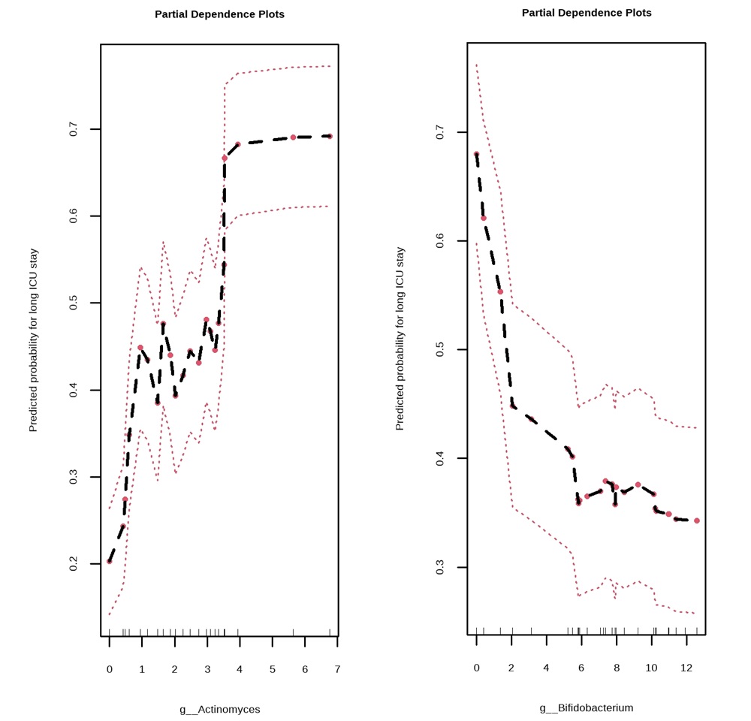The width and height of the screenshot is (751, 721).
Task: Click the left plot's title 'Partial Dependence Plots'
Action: coord(219,14)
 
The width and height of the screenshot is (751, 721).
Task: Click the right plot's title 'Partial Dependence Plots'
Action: coord(587,13)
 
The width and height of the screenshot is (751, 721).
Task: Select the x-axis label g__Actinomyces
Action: coord(219,709)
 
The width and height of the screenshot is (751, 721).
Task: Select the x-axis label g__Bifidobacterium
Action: coord(587,707)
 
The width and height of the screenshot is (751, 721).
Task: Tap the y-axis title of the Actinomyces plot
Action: coord(33,340)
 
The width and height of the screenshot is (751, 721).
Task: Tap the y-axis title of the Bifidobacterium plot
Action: coord(400,339)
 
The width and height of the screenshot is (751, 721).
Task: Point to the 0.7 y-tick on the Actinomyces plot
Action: coord(74,129)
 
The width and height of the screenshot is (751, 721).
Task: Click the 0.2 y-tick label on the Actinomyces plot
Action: coord(74,564)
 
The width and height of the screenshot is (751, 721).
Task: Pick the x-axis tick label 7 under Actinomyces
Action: coord(337,669)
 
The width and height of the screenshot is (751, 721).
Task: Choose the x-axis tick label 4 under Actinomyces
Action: coord(240,669)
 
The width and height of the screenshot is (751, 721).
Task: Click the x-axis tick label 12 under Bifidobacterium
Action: coord(686,667)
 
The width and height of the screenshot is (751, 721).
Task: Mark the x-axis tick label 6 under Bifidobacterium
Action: coord(581,667)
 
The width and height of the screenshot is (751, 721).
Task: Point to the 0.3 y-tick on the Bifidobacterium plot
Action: coord(440,567)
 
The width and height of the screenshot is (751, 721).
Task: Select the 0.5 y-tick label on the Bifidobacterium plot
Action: coord(440,349)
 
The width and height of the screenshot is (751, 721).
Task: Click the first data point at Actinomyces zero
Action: coord(110,561)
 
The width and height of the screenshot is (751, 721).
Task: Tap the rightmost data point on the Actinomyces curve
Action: coord(330,137)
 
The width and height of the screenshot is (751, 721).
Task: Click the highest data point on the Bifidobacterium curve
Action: coord(476,154)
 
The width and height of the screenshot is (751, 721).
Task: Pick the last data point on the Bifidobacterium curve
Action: coord(697,520)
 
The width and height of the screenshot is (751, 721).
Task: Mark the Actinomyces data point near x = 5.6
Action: coord(293,137)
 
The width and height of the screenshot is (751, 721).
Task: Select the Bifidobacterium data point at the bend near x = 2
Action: coord(513,406)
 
